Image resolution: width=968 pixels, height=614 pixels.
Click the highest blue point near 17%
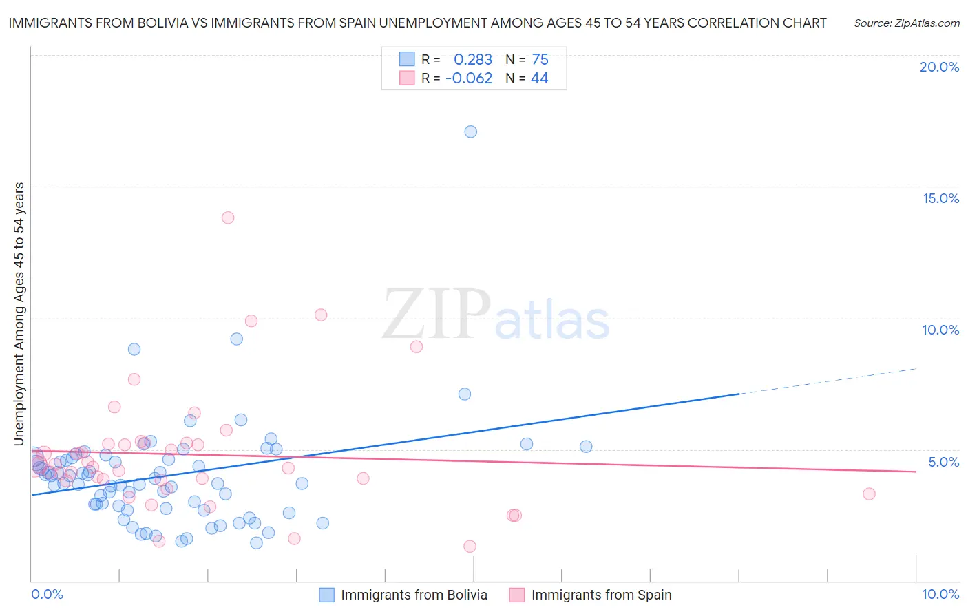471,131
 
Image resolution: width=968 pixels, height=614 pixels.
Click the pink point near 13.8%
228,218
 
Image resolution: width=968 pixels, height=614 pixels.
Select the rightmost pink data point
869,494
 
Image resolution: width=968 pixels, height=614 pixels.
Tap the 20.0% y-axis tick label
939,67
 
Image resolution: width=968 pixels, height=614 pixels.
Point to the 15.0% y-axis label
940,198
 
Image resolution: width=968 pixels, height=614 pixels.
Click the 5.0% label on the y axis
943,462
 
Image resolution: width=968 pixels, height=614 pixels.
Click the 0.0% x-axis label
47,594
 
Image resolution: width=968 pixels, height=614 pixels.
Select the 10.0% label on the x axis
940,594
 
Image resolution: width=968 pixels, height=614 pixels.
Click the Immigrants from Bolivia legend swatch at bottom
326,595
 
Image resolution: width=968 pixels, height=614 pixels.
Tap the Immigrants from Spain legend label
601,595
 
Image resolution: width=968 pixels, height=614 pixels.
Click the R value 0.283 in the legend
473,60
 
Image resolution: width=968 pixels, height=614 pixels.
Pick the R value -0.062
469,78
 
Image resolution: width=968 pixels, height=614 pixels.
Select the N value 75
540,60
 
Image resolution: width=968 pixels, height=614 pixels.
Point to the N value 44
539,78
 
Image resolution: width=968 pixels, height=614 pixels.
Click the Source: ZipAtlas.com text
906,23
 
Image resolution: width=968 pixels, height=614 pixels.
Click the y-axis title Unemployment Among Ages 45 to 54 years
19,314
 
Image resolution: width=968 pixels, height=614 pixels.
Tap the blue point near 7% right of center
465,394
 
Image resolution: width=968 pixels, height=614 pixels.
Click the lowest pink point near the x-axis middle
470,547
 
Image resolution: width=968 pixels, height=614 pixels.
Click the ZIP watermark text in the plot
436,315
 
